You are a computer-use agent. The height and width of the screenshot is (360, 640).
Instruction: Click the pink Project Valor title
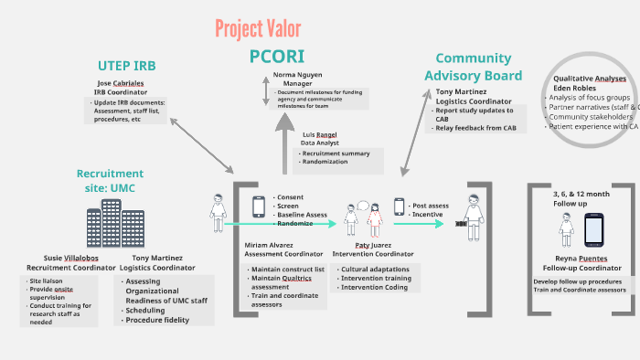[x=258, y=27]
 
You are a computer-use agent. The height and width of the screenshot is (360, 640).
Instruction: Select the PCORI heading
[x=277, y=56]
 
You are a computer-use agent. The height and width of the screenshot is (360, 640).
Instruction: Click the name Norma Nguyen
[x=297, y=73]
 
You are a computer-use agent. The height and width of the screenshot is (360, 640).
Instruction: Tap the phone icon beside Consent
[x=259, y=206]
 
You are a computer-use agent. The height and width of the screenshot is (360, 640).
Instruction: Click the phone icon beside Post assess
[x=399, y=207]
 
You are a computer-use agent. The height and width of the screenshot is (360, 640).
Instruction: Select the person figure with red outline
[x=375, y=224]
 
